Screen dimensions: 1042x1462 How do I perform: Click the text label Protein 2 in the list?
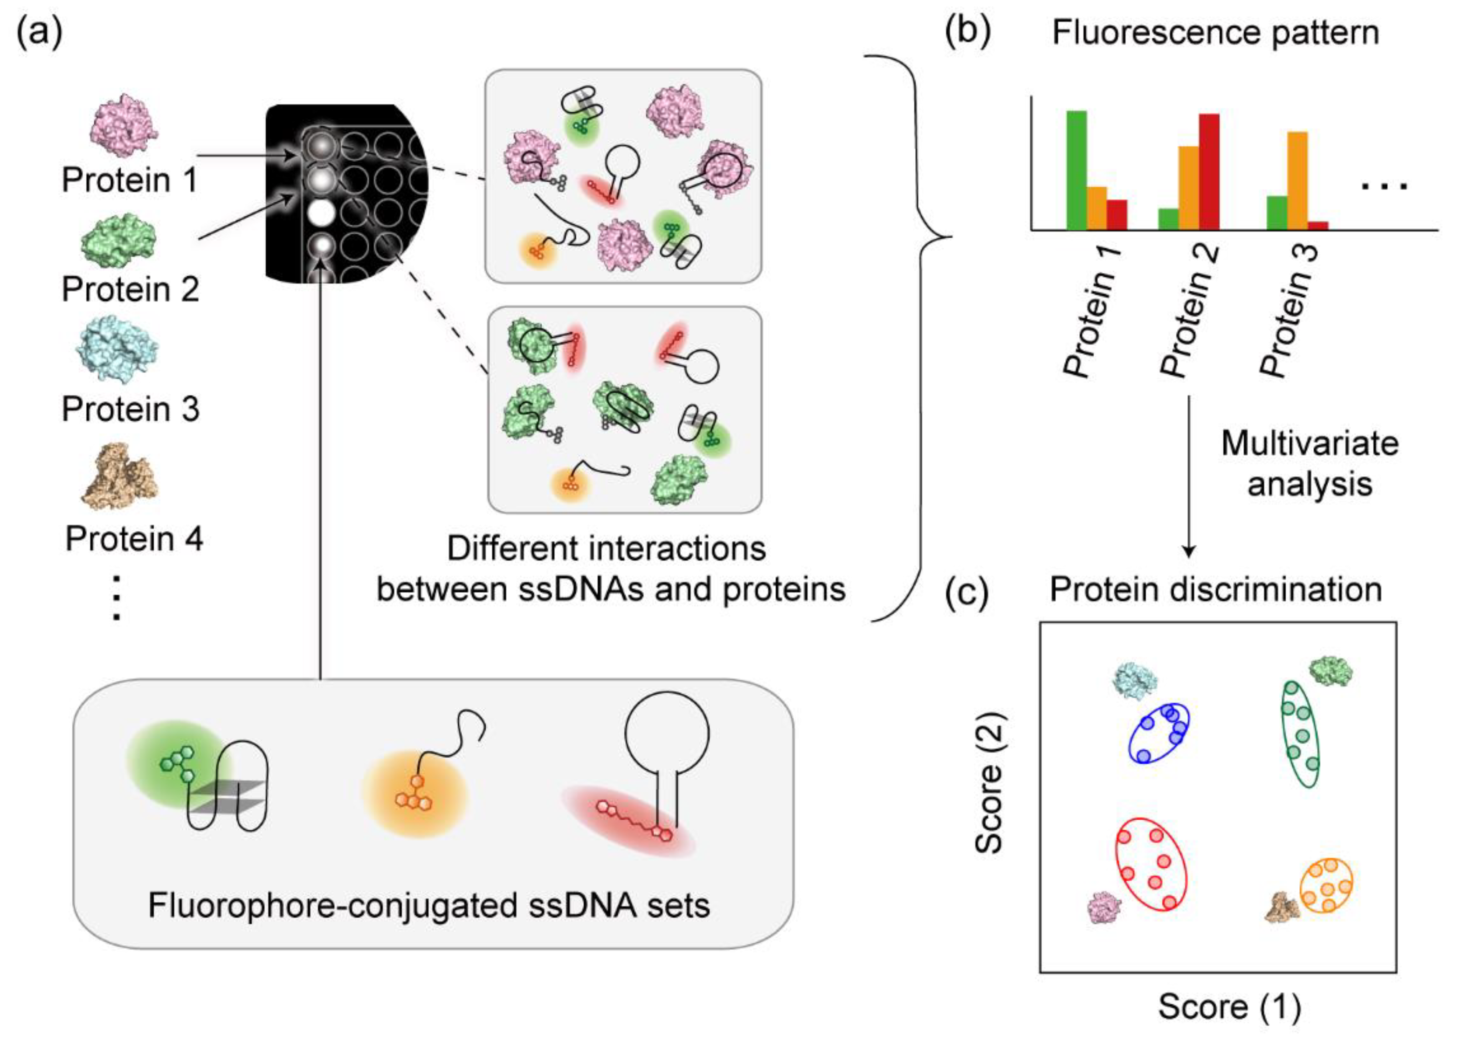coord(130,289)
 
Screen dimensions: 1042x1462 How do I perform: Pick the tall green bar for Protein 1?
coord(1076,170)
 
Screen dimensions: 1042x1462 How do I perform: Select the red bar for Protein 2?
coord(1208,171)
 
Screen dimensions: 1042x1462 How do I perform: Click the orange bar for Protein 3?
coord(1297,180)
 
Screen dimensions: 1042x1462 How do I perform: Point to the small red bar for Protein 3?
coord(1317,225)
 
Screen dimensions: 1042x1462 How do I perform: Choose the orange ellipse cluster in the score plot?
coord(1326,885)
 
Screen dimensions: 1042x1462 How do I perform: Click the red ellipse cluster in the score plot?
coord(1151,863)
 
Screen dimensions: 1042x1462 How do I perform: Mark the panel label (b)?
coord(968,32)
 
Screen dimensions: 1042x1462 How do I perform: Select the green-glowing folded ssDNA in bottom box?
coord(206,783)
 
